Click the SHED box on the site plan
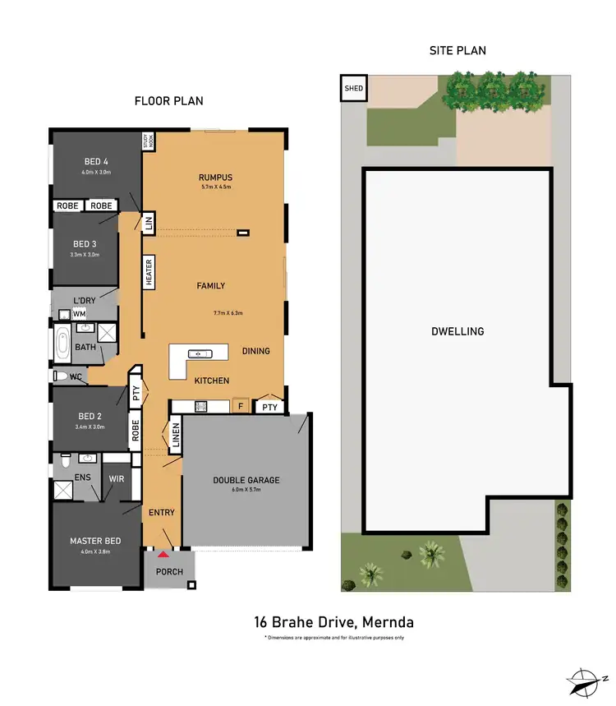(354, 88)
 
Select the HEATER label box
(149, 272)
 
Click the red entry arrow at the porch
(163, 556)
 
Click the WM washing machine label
(80, 314)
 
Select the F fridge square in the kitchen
(241, 406)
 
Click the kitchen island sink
(200, 354)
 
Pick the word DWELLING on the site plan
(457, 332)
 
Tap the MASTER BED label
(95, 541)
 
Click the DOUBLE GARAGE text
(246, 480)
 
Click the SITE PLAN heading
(457, 51)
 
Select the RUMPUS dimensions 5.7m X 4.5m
(216, 187)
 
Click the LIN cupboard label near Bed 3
(149, 223)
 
